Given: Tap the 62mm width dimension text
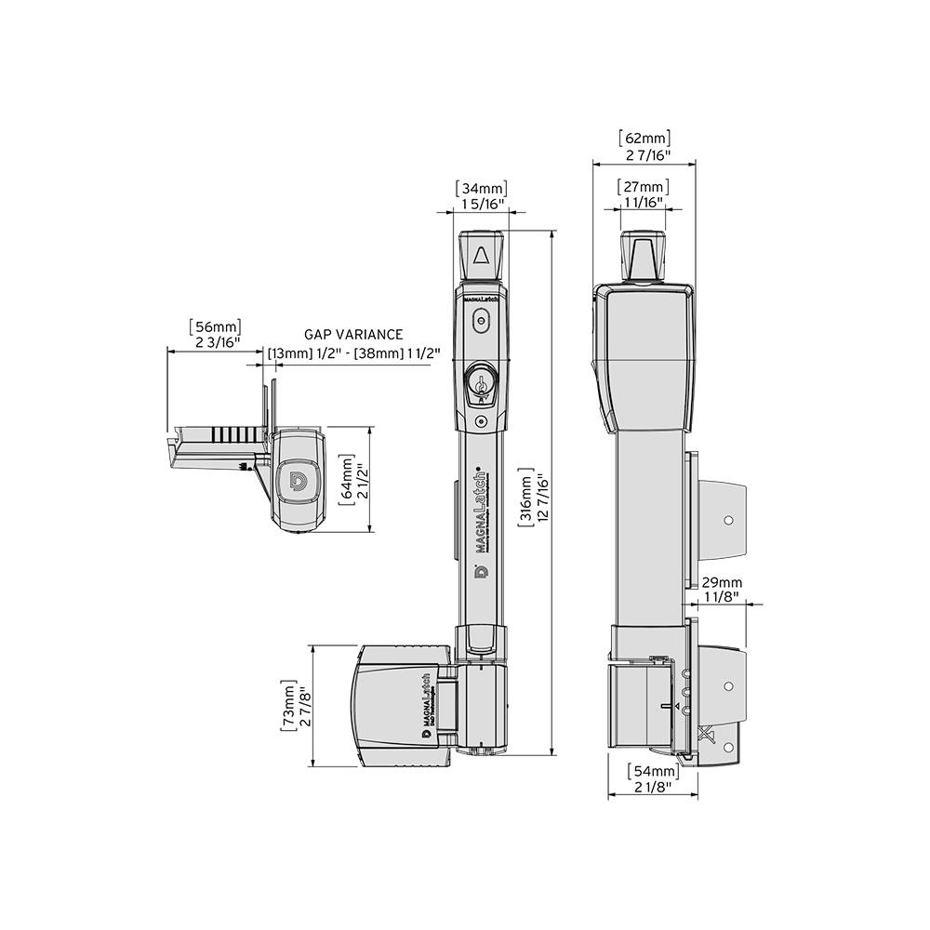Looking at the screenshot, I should pos(644,139).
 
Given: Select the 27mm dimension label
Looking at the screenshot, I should pos(644,185).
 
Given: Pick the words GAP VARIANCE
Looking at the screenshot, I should pos(353,334).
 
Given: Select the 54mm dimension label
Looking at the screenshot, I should pos(652,772).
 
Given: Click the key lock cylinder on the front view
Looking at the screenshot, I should pos(481,381).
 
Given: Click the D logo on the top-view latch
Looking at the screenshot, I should pos(299,481).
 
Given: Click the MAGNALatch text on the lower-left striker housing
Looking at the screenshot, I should pos(426,697).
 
